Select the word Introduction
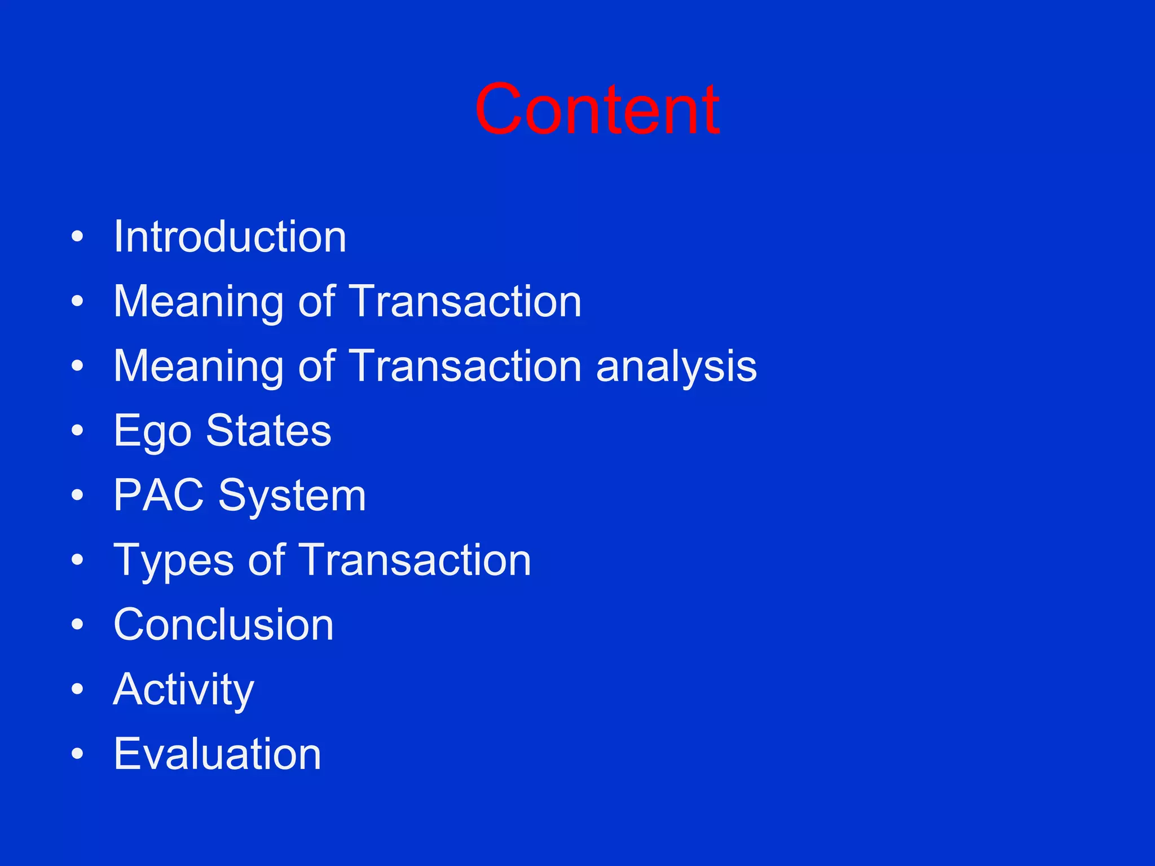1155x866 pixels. click(230, 237)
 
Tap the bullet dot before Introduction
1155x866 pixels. click(77, 237)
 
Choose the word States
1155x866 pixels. click(268, 431)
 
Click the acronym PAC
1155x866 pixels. click(158, 496)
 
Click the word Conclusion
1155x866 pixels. click(224, 625)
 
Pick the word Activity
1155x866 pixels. click(184, 690)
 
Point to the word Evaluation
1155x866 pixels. click(217, 754)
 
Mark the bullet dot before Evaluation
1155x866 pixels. click(77, 754)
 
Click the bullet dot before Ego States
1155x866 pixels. click(77, 431)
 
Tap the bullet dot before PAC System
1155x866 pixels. click(77, 496)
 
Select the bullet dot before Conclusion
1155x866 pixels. click(77, 625)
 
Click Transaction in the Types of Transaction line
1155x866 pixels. click(415, 560)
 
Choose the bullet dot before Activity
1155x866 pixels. click(77, 690)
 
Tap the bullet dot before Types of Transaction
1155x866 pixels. click(77, 560)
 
